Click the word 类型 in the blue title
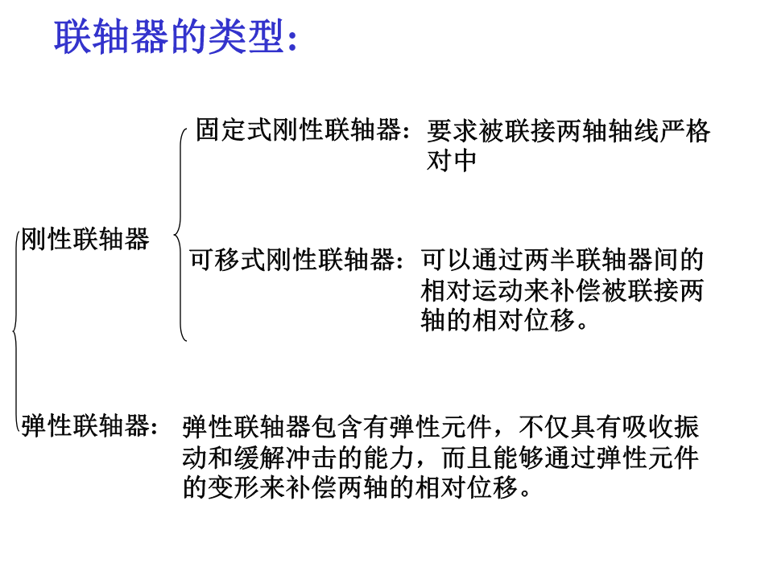click(246, 36)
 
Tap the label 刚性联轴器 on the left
click(85, 239)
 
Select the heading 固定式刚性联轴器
click(298, 129)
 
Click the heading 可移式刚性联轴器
click(292, 260)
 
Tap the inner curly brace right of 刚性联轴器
click(180, 235)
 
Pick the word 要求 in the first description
click(452, 130)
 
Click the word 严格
click(684, 130)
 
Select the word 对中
click(452, 161)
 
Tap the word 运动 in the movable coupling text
click(498, 290)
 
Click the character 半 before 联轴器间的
click(561, 260)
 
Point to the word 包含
click(337, 426)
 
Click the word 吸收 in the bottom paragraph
click(647, 426)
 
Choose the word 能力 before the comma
click(388, 458)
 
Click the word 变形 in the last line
click(234, 487)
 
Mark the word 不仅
click(545, 426)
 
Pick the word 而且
click(467, 458)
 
